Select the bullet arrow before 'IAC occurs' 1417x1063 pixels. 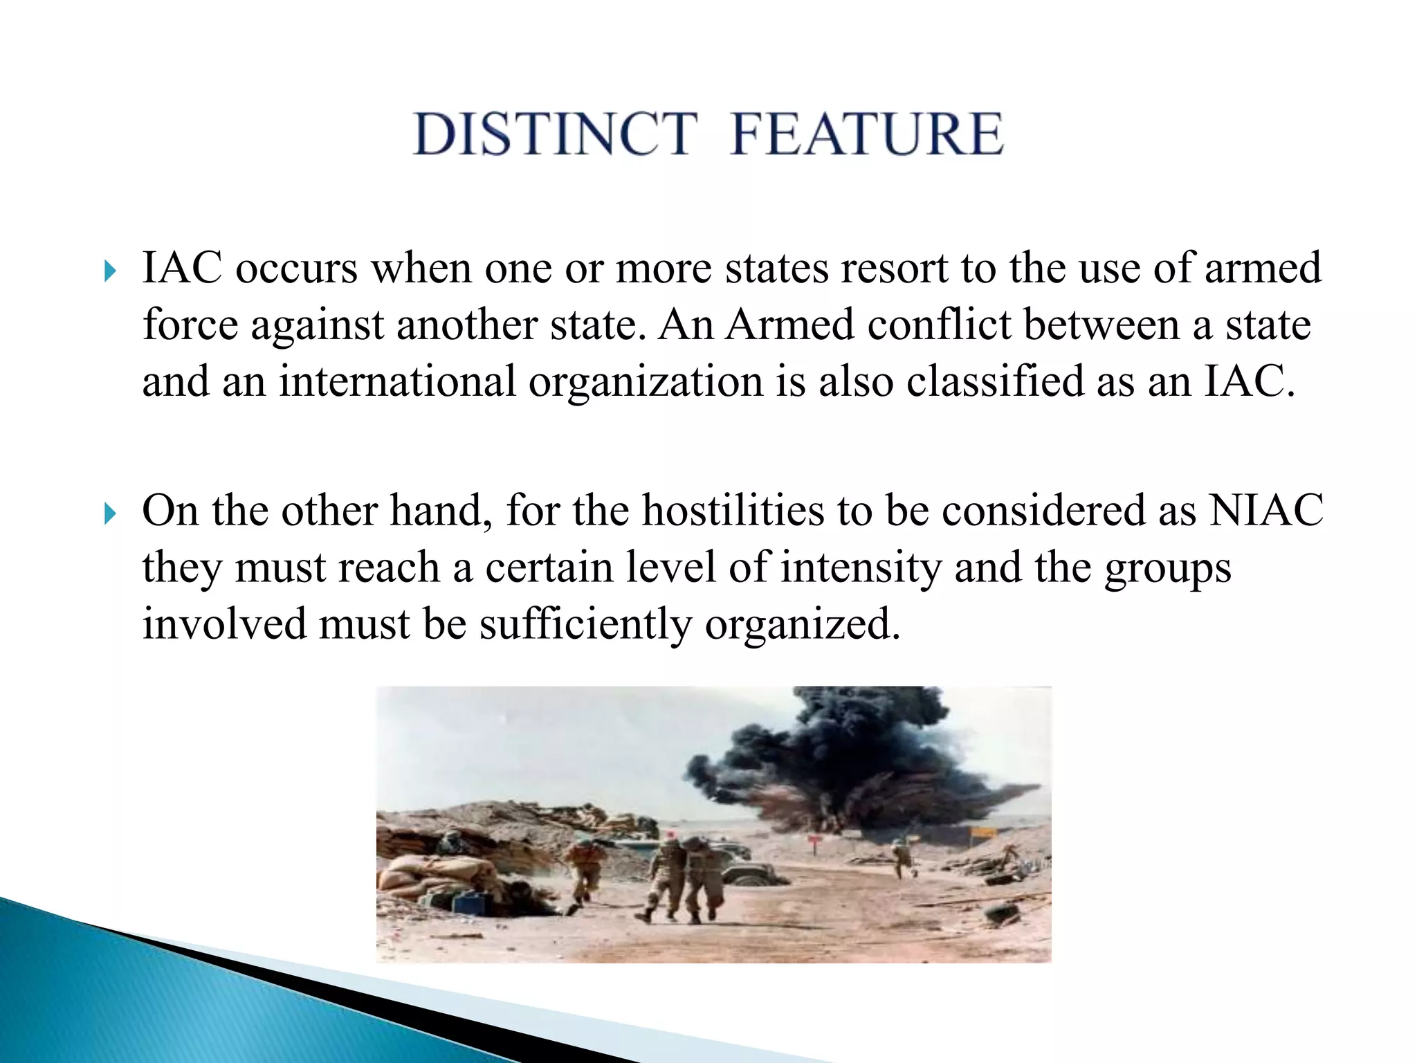tap(110, 271)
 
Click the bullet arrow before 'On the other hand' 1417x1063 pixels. tap(110, 514)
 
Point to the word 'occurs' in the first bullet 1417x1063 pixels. tap(297, 269)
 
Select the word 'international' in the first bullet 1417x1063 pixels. tap(397, 382)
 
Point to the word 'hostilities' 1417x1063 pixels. tap(733, 511)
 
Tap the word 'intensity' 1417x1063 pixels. tap(861, 569)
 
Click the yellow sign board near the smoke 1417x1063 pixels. tap(982, 833)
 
